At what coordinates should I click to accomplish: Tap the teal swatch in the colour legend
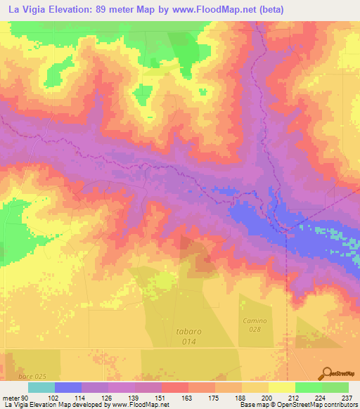41,387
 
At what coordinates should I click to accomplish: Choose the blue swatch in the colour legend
67,387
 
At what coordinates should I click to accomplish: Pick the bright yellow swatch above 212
281,387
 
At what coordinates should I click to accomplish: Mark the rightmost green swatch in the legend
335,387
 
